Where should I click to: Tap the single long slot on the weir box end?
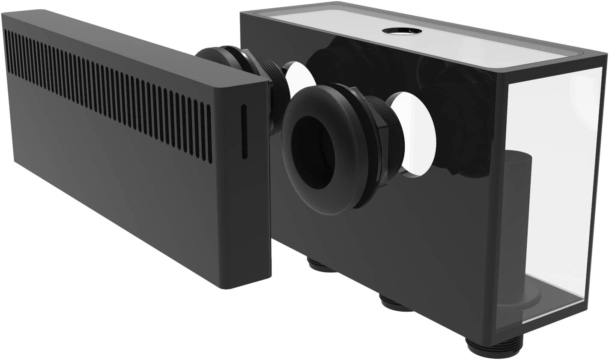pyautogui.click(x=244, y=131)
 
